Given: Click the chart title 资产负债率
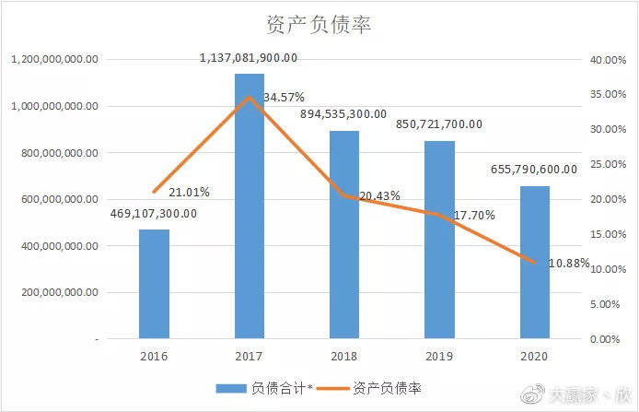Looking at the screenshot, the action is pyautogui.click(x=319, y=25).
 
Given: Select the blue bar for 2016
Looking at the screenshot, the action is pyautogui.click(x=154, y=284).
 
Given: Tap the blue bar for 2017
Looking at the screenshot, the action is pyautogui.click(x=250, y=206).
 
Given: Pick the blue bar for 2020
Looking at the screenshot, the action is pyautogui.click(x=535, y=263).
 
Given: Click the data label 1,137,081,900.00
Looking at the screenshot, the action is pyautogui.click(x=249, y=58).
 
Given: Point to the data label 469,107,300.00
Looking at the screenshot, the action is pyautogui.click(x=154, y=214).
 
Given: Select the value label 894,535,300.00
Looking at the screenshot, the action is pyautogui.click(x=343, y=114).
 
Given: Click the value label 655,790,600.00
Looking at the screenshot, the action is pyautogui.click(x=534, y=170).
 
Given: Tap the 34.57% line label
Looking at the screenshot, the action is pyautogui.click(x=284, y=98).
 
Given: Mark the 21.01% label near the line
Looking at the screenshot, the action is pyautogui.click(x=189, y=192).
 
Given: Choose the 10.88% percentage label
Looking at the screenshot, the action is pyautogui.click(x=569, y=264).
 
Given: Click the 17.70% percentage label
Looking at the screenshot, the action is pyautogui.click(x=474, y=215).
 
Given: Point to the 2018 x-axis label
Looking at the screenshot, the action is pyautogui.click(x=344, y=357).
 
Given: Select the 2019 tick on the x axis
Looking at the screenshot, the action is pyautogui.click(x=439, y=357).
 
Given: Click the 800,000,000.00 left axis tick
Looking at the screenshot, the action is pyautogui.click(x=60, y=153).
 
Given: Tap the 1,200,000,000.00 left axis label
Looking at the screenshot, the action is pyautogui.click(x=54, y=60).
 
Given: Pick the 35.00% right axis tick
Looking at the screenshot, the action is pyautogui.click(x=608, y=94).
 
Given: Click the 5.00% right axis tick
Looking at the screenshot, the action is pyautogui.click(x=605, y=304).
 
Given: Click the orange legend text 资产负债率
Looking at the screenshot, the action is pyautogui.click(x=387, y=388).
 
